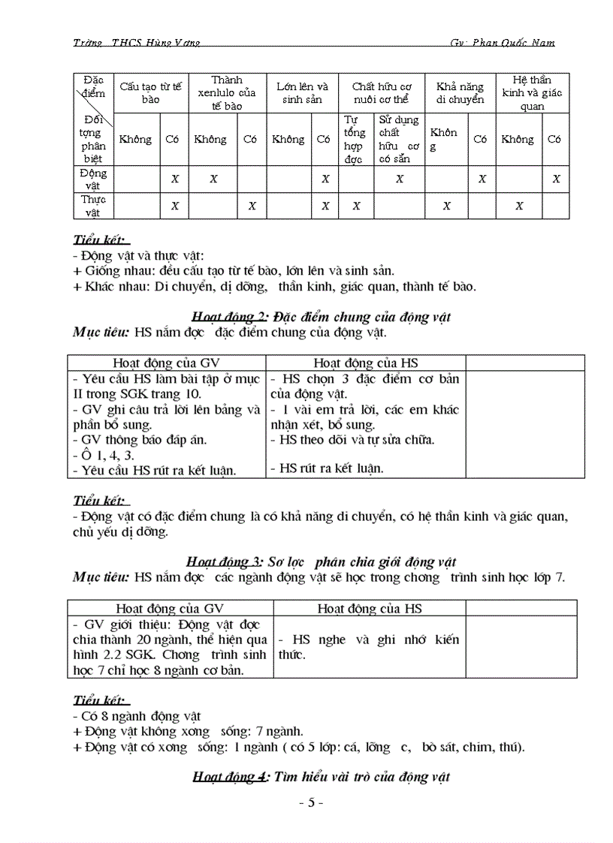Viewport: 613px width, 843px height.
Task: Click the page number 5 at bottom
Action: tap(310, 802)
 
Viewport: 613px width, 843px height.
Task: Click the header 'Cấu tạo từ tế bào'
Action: tap(150, 92)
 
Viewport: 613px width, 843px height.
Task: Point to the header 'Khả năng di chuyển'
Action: tap(460, 92)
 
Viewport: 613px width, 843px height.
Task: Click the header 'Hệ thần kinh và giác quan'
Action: tap(532, 92)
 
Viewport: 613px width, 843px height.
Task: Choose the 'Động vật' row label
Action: tap(94, 179)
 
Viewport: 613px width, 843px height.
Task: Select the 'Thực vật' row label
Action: tap(94, 205)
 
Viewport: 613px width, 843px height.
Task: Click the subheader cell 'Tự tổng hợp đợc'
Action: tap(354, 139)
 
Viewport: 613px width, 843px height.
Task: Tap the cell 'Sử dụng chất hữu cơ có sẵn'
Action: tap(399, 139)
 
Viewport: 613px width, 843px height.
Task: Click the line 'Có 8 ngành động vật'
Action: tap(137, 716)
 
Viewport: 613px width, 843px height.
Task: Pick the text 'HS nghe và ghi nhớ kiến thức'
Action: tap(367, 646)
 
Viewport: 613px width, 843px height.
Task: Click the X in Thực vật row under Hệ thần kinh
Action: tap(518, 205)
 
